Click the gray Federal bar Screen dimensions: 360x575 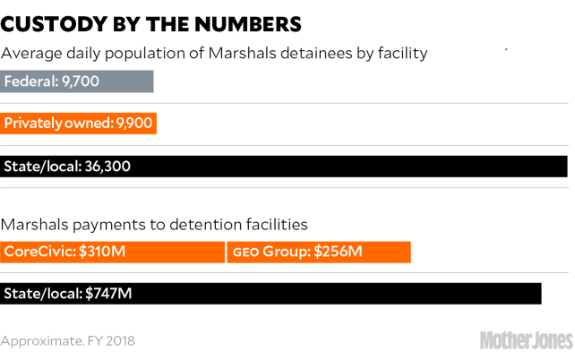pos(77,82)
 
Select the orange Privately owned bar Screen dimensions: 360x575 pos(79,124)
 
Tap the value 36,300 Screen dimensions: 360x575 pos(112,167)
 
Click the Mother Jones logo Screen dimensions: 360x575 pos(526,340)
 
